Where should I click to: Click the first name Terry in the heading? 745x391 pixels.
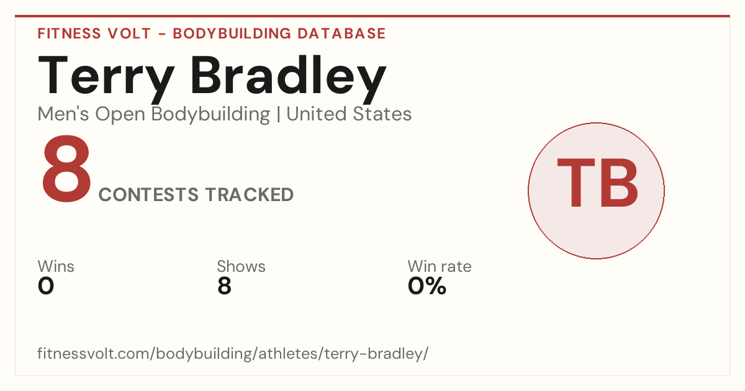106,78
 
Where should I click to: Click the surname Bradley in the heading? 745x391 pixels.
288,78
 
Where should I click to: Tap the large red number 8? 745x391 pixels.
66,169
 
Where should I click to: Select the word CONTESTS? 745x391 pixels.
148,194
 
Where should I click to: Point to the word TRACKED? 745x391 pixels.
250,194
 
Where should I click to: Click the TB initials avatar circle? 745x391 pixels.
597,191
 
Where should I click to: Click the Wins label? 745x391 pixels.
56,266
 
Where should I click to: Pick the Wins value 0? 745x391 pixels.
46,286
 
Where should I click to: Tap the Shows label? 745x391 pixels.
241,266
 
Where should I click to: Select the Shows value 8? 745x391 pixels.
224,286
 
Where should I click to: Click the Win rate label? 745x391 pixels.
440,266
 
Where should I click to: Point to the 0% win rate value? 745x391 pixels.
427,286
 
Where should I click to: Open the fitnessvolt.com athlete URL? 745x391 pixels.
233,354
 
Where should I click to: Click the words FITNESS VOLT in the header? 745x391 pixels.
94,34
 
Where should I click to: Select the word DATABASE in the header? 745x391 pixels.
341,34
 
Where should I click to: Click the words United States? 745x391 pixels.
349,114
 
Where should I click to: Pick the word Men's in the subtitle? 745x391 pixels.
63,114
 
